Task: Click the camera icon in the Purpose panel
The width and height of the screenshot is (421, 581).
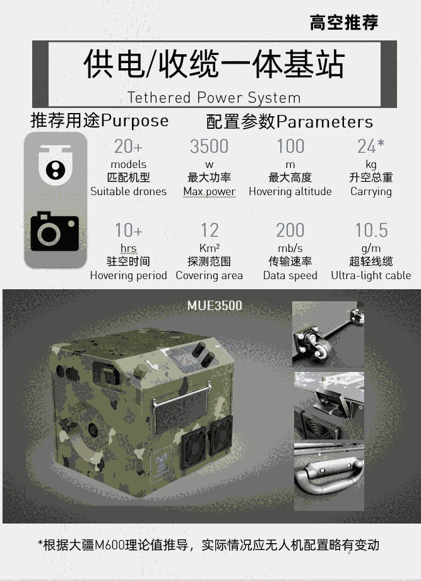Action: [x=54, y=232]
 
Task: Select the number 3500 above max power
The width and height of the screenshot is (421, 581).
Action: [x=209, y=147]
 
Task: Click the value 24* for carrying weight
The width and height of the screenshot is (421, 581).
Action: [x=371, y=146]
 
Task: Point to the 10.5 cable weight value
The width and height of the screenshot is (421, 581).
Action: [x=371, y=230]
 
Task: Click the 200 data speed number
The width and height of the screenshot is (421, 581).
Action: [x=290, y=230]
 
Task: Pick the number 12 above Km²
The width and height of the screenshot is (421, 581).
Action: [x=210, y=230]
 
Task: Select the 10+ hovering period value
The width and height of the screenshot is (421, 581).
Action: [x=129, y=230]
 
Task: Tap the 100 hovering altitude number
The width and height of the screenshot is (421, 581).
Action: [x=291, y=147]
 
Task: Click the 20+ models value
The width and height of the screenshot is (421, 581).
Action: [x=128, y=147]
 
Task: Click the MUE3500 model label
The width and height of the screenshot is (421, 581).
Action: [x=215, y=306]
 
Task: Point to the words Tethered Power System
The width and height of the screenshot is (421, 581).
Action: [x=213, y=98]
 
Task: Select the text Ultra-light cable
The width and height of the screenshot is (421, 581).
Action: [x=371, y=275]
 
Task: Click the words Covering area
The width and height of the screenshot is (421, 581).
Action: [x=209, y=276]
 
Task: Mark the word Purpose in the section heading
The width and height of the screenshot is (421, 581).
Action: [x=135, y=121]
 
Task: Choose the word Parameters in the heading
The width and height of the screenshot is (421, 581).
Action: [x=324, y=122]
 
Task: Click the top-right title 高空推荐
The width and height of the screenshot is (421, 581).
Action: [x=343, y=22]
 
